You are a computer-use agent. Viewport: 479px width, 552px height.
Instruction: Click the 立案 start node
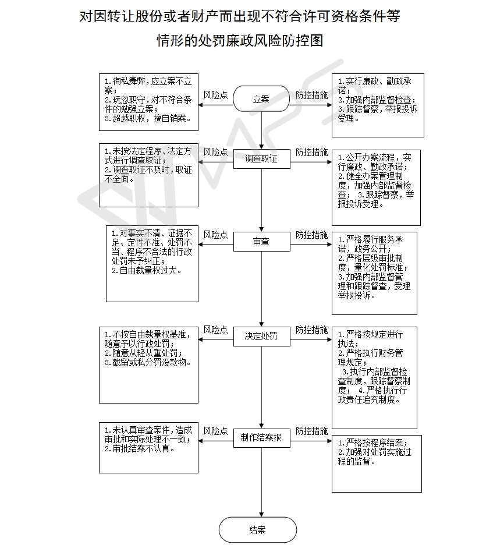(x=261, y=99)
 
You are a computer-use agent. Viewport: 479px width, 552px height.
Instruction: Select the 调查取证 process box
(x=261, y=159)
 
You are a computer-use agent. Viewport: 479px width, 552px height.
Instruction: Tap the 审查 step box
(x=261, y=241)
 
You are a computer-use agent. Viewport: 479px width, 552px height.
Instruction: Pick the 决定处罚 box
(x=261, y=336)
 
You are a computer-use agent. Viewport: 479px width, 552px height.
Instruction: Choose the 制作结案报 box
(x=261, y=437)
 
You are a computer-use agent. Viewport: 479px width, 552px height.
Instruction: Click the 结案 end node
(x=257, y=530)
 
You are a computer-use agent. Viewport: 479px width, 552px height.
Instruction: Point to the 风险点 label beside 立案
(x=215, y=94)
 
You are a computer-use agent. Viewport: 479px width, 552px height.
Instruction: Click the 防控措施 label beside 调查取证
(x=311, y=153)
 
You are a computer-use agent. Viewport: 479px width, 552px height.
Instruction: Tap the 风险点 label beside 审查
(x=215, y=235)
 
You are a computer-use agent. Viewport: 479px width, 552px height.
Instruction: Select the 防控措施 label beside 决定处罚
(x=311, y=330)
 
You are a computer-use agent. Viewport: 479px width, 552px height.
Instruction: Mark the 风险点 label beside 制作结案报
(x=215, y=431)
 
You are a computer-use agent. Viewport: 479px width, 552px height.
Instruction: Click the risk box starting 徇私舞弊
(x=148, y=102)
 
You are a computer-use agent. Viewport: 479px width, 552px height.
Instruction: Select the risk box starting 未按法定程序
(x=148, y=175)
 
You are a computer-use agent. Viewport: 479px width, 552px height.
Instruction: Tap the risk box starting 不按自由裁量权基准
(x=148, y=365)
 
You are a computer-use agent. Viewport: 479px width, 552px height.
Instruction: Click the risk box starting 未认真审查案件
(x=148, y=447)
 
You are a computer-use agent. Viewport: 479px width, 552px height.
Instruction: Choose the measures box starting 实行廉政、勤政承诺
(x=378, y=105)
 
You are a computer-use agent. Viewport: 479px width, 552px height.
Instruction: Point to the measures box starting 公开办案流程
(x=376, y=187)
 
